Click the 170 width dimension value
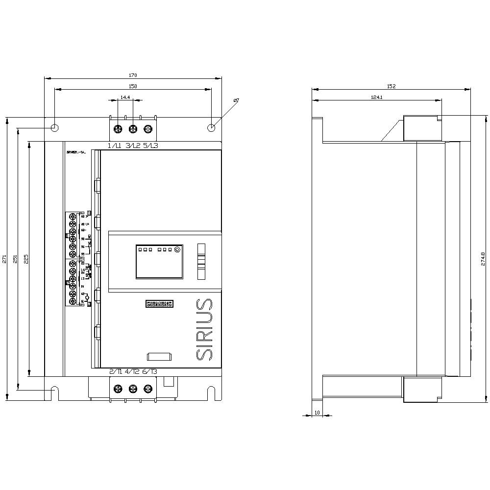(x=133, y=75)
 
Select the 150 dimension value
(x=133, y=86)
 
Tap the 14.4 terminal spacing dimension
(x=125, y=98)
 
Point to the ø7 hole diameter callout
(x=236, y=100)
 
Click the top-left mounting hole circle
(x=55, y=128)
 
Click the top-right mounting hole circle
(x=211, y=128)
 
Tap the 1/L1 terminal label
(x=115, y=146)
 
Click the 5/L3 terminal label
(x=151, y=146)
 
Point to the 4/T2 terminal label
(x=133, y=372)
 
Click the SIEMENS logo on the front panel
(x=160, y=304)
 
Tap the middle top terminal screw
(x=133, y=129)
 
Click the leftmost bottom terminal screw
(x=118, y=389)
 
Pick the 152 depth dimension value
(x=391, y=86)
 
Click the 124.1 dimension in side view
(x=376, y=97)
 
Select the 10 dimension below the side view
(x=317, y=413)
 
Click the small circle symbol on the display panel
(x=177, y=249)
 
